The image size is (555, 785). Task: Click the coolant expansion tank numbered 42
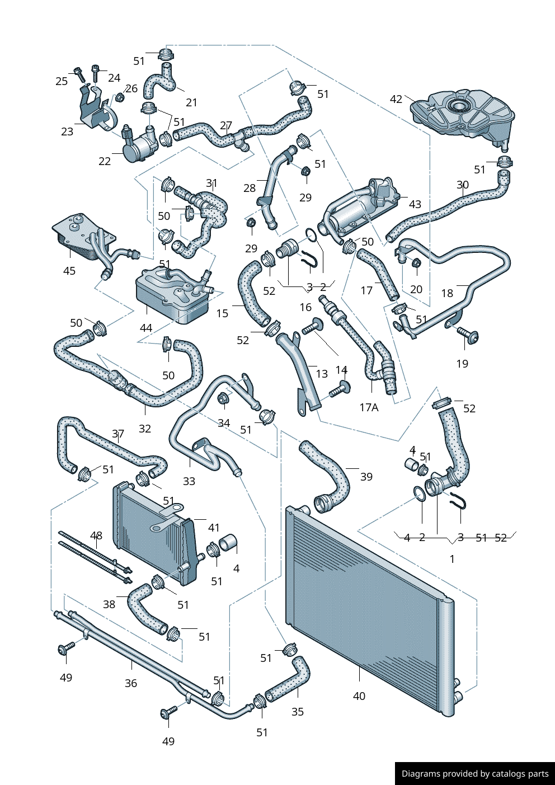[x=462, y=115]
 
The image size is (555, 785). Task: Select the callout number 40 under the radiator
[x=359, y=696]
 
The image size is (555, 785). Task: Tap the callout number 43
[x=415, y=204]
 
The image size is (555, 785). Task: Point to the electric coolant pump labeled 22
[x=141, y=147]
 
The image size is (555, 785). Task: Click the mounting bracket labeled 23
[x=95, y=112]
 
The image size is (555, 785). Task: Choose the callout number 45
[x=69, y=271]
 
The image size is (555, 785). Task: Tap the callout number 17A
[x=369, y=407]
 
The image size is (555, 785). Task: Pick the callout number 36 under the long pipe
[x=130, y=683]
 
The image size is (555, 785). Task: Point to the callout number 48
[x=96, y=535]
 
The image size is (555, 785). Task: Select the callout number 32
[x=145, y=429]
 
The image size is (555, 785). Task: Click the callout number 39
[x=366, y=477]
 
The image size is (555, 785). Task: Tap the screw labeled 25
[x=78, y=72]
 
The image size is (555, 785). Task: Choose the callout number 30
[x=462, y=185]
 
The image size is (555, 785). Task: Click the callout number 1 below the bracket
[x=452, y=559]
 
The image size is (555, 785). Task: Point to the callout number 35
[x=298, y=712]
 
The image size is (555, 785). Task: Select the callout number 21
[x=191, y=102]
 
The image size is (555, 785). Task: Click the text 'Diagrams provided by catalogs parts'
[x=475, y=774]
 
